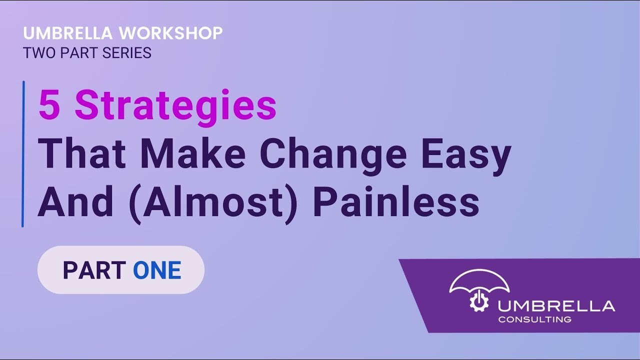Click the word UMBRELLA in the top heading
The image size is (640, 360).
[68, 33]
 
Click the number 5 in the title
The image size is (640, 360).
[49, 105]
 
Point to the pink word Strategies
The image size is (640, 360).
[175, 106]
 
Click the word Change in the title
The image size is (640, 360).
[333, 154]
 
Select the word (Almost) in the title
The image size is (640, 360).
[215, 202]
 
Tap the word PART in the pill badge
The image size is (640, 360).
[94, 270]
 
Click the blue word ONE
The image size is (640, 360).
[157, 270]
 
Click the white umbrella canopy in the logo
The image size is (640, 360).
[479, 281]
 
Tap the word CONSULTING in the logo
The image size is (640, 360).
[534, 319]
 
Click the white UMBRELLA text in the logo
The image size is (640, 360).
[556, 305]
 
